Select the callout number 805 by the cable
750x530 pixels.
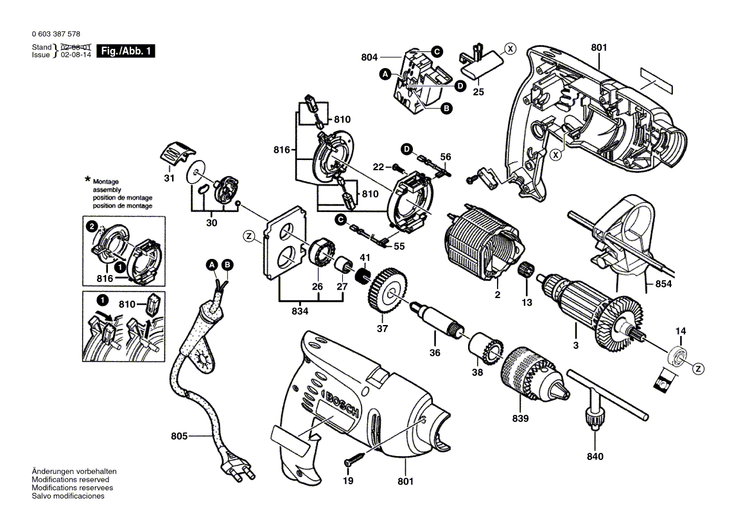[179, 436]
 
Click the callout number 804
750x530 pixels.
[369, 58]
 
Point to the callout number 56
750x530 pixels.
[446, 156]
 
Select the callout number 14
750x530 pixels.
[680, 330]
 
